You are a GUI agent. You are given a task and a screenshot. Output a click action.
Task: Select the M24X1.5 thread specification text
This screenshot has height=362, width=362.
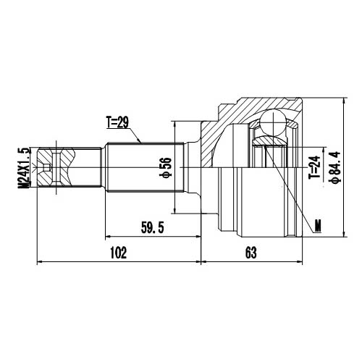[23, 167]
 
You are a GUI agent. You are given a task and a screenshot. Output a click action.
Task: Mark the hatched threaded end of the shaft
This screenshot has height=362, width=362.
[54, 167]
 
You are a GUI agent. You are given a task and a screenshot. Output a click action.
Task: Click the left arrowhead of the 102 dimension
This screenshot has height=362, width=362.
[39, 261]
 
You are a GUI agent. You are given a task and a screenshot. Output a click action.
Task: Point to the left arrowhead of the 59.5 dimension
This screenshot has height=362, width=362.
[109, 236]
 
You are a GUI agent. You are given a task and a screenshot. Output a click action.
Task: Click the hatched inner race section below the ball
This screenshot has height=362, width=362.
[276, 156]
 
